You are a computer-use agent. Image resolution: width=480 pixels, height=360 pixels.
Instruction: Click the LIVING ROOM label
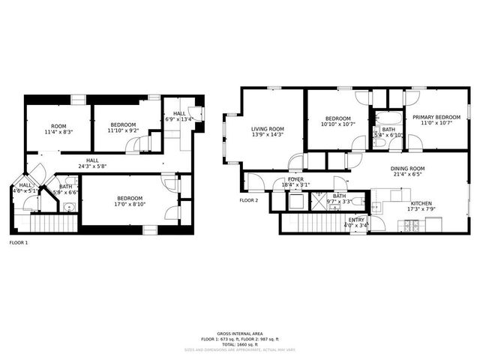267,128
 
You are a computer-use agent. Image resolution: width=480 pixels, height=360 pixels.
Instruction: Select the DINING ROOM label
407,169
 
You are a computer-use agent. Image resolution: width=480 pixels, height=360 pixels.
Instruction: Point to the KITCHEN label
420,202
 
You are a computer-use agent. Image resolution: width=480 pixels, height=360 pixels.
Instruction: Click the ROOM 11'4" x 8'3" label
58,125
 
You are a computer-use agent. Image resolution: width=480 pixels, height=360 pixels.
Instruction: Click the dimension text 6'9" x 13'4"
178,118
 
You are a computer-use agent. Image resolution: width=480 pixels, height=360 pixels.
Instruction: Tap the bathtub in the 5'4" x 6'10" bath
388,118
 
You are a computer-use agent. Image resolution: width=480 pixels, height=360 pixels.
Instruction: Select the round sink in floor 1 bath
69,208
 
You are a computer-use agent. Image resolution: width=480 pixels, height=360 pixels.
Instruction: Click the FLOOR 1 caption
18,242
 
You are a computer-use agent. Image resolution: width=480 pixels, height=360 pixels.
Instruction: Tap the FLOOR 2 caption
248,200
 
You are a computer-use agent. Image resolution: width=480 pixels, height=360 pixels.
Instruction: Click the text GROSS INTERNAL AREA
240,333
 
